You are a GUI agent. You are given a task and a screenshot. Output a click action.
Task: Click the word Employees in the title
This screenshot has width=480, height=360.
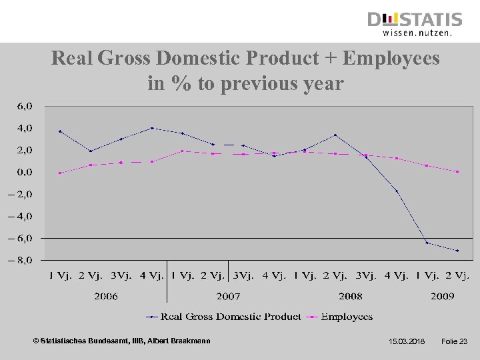click(391, 59)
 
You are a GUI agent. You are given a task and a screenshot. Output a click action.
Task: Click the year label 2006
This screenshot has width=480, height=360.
click(106, 296)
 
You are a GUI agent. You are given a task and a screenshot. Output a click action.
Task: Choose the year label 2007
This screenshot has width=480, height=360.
click(228, 296)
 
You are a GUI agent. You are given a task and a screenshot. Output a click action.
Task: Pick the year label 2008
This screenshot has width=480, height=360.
click(350, 296)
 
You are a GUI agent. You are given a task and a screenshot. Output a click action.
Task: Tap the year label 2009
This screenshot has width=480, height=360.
click(442, 296)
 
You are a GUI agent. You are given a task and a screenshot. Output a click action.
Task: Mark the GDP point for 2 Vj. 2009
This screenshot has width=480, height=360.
click(457, 251)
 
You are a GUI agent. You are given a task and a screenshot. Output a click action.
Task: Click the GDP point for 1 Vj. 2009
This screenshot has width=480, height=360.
click(427, 243)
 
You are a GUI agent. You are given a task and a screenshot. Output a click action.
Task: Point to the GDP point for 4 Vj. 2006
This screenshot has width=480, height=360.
click(152, 128)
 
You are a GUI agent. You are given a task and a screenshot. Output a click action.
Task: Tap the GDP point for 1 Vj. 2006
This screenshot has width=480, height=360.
click(60, 131)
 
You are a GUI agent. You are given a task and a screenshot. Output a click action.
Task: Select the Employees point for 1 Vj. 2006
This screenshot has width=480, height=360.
click(60, 173)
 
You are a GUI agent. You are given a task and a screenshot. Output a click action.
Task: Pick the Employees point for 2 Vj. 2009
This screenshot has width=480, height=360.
click(457, 172)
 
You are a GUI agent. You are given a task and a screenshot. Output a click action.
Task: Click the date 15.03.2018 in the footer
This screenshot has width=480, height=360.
click(406, 342)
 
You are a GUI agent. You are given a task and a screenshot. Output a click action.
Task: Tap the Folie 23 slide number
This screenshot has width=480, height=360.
click(455, 342)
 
